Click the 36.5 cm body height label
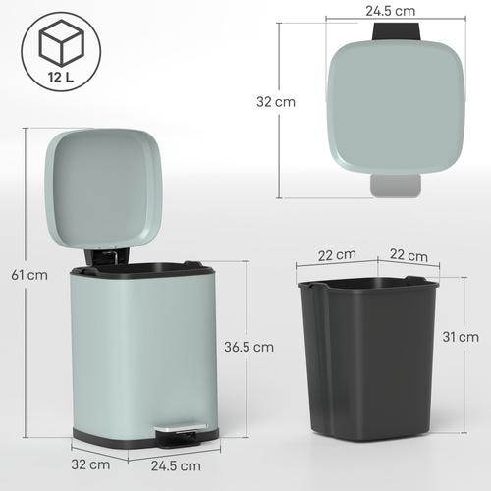click(x=249, y=347)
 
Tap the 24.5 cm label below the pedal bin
click(x=176, y=464)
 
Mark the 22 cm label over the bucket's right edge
click(x=408, y=255)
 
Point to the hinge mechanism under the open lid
click(x=107, y=256)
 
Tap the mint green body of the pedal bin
click(x=137, y=354)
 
